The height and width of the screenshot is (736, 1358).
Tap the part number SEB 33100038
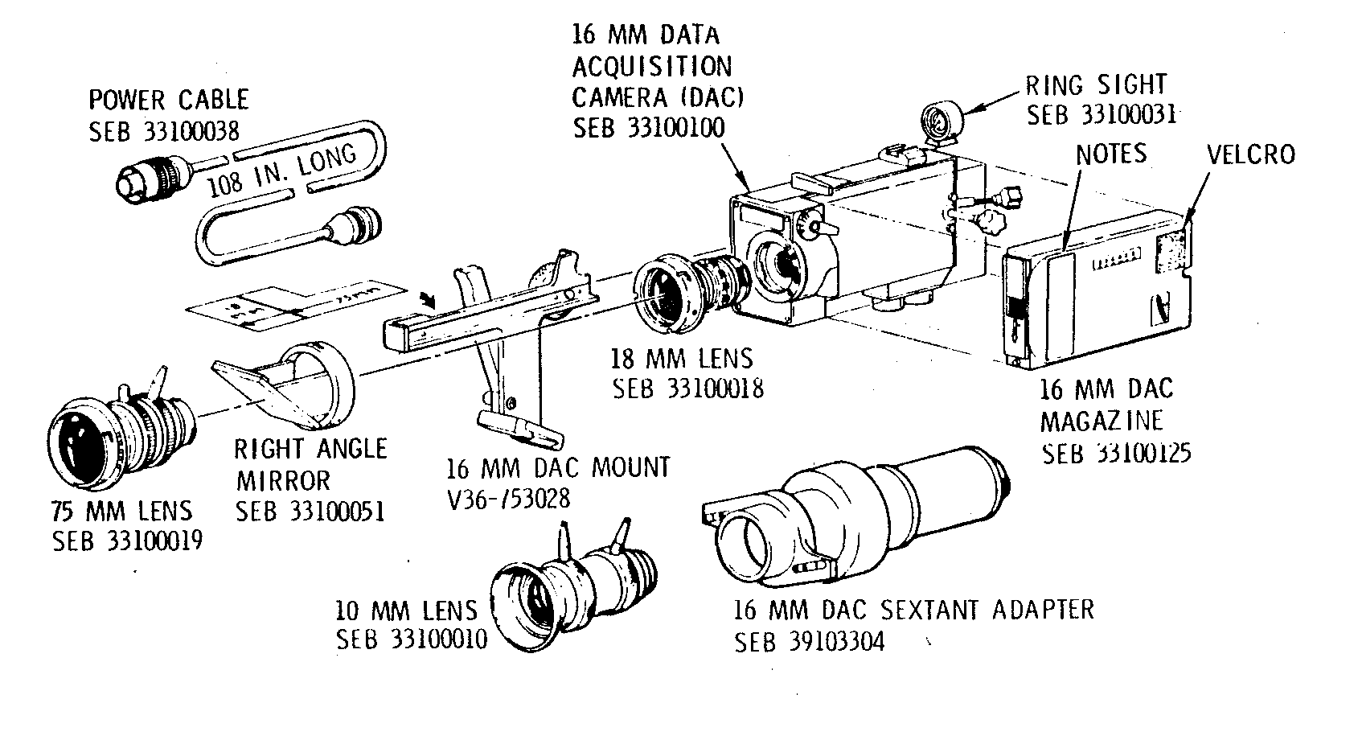[x=164, y=131]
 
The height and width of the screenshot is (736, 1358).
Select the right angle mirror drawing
[x=289, y=386]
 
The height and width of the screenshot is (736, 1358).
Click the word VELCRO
[x=1251, y=154]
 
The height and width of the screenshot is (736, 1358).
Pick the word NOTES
[x=1110, y=153]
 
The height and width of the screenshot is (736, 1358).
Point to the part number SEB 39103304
[x=809, y=642]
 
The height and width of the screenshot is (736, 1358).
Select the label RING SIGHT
[x=1095, y=84]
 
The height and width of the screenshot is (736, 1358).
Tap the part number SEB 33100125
[x=1116, y=453]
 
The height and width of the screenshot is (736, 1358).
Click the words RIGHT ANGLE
[x=310, y=449]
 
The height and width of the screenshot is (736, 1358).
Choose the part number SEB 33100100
[x=648, y=128]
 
